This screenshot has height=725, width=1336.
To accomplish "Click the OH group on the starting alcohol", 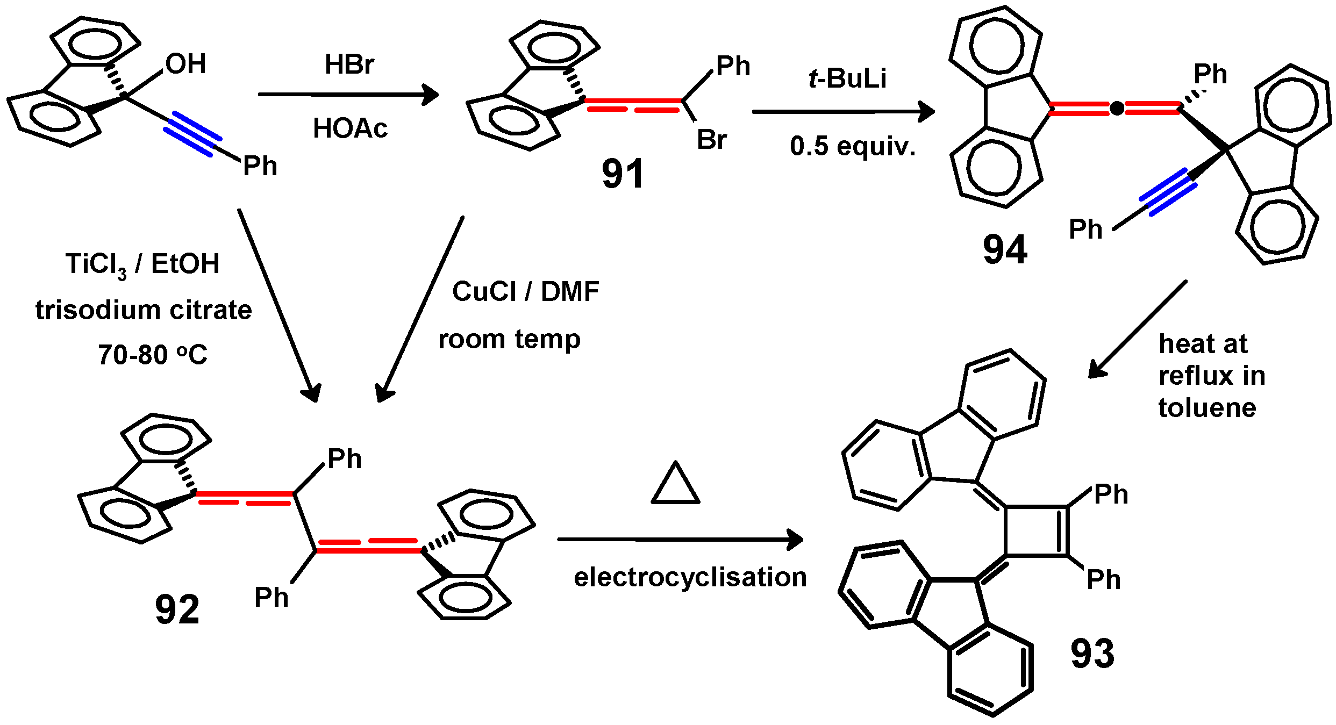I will (185, 64).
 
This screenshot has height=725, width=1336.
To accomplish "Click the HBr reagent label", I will (349, 64).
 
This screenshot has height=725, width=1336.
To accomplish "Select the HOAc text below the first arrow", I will (350, 128).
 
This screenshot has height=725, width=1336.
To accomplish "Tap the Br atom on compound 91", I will (711, 140).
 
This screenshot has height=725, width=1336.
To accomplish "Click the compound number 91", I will (623, 174).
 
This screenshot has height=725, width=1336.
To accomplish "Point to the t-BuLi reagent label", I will (847, 78).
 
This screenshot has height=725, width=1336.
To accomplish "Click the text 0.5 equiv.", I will (852, 146).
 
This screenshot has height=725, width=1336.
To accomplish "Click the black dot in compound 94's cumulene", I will (1117, 109).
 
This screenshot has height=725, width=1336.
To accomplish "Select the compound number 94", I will (1005, 249).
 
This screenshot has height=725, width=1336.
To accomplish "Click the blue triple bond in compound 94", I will (1168, 192).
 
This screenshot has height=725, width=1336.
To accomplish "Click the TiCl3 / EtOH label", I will (142, 264).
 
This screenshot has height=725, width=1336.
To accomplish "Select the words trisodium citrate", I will (144, 310).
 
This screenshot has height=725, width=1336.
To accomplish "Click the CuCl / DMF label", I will (525, 292).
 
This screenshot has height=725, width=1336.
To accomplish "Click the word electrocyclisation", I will (690, 577).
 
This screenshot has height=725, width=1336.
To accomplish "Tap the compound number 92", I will (177, 609).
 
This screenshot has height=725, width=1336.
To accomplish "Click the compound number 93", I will (1092, 654).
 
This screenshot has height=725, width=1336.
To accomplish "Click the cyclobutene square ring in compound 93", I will (1036, 530).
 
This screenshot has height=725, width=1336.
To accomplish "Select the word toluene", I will (1207, 408).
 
